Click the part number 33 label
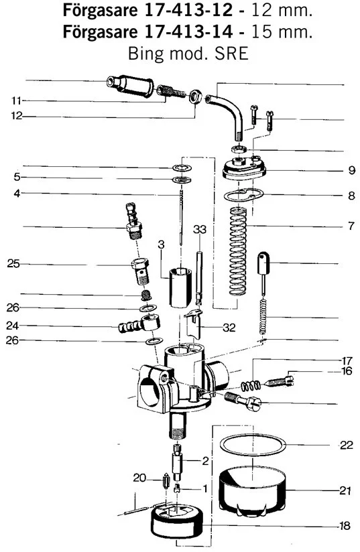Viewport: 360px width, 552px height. tap(200, 230)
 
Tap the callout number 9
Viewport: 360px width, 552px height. tap(351, 170)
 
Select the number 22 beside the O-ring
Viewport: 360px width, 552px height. tap(347, 445)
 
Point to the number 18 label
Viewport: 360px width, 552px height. tap(345, 526)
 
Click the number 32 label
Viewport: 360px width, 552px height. tap(229, 328)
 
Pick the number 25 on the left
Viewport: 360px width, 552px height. tap(13, 264)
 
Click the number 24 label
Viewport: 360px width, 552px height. tap(12, 326)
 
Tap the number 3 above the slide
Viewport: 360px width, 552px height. tap(162, 245)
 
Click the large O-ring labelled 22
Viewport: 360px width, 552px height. tap(253, 445)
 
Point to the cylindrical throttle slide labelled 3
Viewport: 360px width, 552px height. tap(180, 288)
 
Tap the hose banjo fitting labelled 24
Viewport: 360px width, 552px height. tap(139, 325)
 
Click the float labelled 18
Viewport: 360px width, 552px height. tap(177, 521)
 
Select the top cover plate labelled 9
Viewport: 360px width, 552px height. tap(244, 168)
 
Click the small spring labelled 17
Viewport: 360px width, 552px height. tap(251, 386)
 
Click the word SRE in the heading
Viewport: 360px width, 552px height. tap(231, 54)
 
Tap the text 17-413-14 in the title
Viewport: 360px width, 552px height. tap(188, 32)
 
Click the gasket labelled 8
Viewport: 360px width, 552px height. tap(244, 196)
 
